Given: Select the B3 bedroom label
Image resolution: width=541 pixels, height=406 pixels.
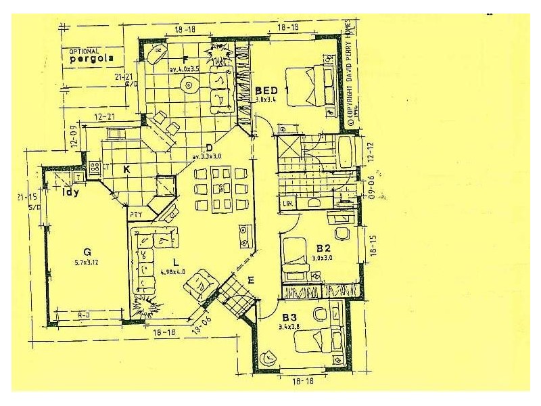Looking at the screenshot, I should tap(290, 317).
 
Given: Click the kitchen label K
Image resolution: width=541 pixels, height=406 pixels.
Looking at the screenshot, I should tap(126, 168).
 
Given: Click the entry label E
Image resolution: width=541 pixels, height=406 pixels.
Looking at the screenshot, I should tap(251, 280).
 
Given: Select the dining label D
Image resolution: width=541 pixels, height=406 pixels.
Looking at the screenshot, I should tap(209, 148).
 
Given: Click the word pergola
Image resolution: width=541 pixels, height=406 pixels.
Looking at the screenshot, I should tap(89, 59).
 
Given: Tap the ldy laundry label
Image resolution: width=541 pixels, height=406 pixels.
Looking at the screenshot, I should tap(70, 191).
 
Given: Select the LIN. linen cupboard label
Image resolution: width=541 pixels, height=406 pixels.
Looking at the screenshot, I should tap(287, 203).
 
